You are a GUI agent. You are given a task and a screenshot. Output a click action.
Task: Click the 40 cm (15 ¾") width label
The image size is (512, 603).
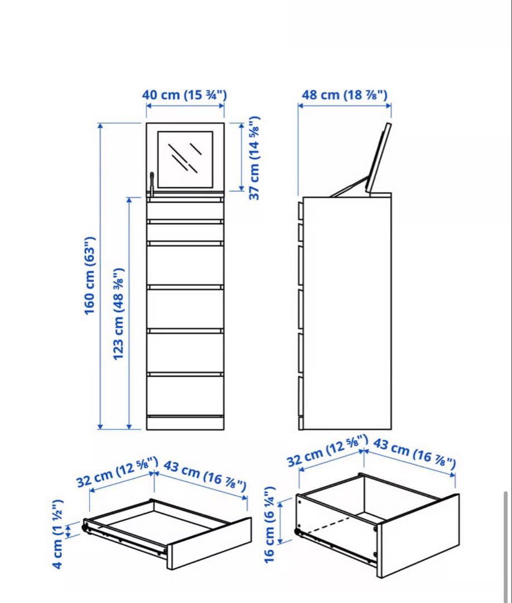(184, 94)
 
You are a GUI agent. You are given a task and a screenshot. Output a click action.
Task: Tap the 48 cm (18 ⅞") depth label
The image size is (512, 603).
(344, 94)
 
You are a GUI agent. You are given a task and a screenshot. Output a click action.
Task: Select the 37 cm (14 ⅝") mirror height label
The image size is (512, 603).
(254, 158)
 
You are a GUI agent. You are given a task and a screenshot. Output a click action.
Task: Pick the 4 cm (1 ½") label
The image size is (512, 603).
(59, 533)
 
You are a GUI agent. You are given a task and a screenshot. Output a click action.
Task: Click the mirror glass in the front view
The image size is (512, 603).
(185, 159)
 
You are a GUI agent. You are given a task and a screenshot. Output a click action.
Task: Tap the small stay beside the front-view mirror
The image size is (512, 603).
(151, 184)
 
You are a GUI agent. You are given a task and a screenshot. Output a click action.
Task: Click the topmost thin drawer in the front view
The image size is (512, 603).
(185, 210)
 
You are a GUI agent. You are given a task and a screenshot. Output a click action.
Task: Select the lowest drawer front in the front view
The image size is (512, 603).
(185, 395)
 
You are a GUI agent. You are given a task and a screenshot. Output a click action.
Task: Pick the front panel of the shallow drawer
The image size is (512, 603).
(210, 543)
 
